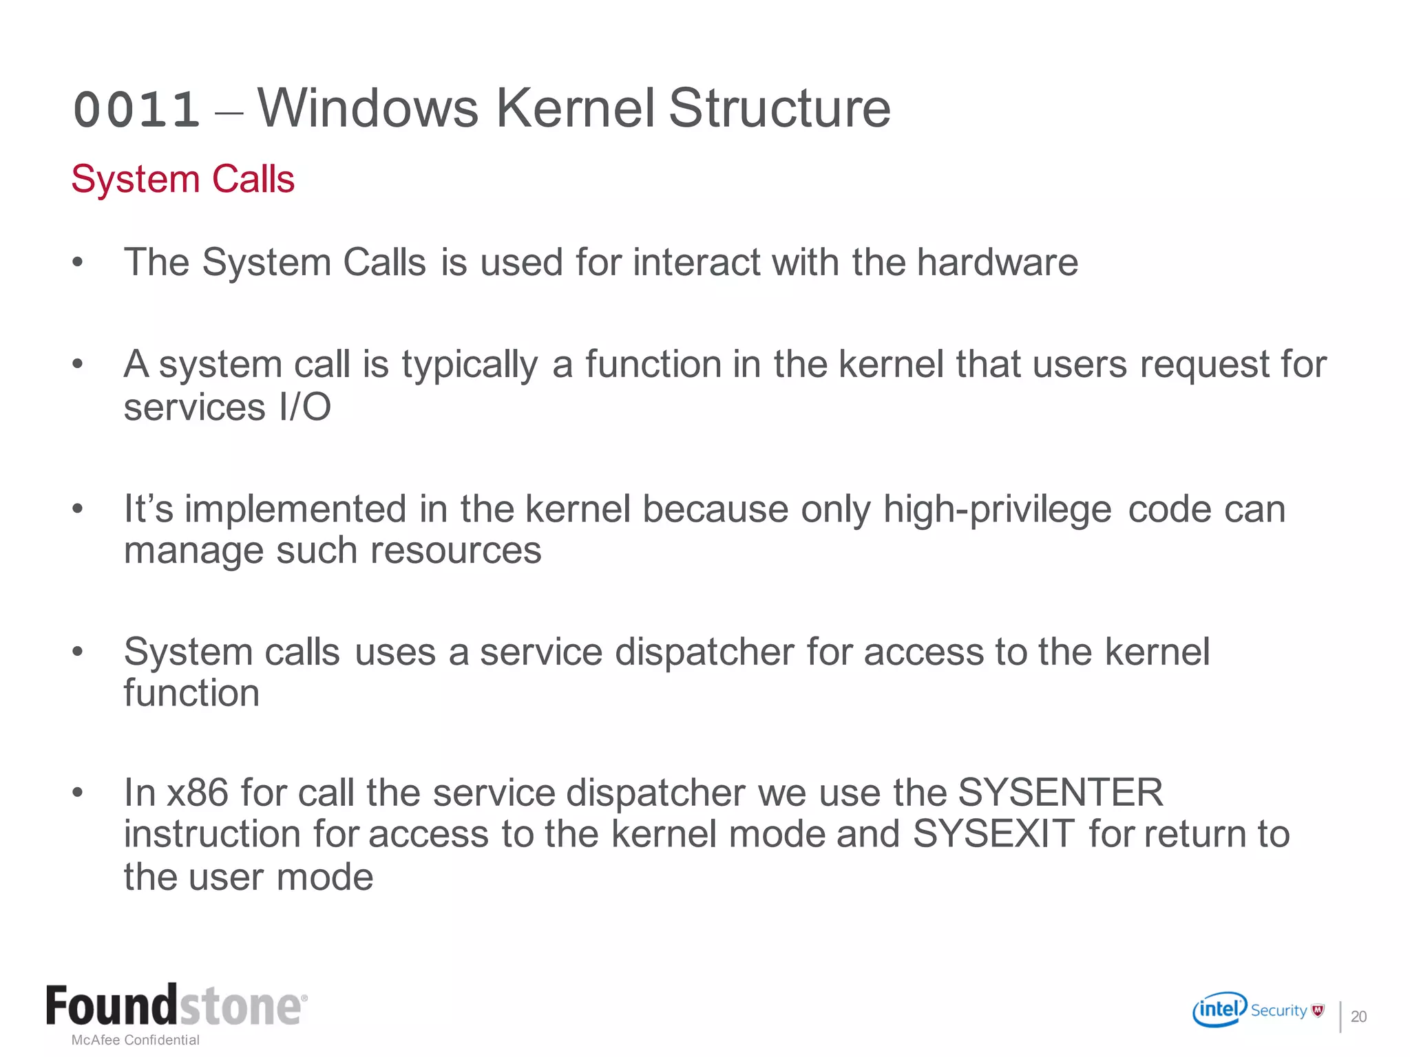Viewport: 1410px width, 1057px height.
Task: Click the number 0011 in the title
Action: (136, 110)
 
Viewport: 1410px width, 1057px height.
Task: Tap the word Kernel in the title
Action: (575, 109)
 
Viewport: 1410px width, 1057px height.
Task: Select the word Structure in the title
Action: (779, 109)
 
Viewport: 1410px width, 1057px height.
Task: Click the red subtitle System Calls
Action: (182, 180)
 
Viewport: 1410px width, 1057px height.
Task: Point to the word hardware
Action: (997, 263)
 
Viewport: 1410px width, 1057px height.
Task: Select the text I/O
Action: (305, 407)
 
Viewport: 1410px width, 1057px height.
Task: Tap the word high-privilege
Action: (997, 510)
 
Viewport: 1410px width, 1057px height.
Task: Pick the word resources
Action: (455, 551)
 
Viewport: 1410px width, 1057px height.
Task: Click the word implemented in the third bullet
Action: (295, 510)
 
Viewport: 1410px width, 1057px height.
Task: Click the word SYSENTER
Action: (1060, 793)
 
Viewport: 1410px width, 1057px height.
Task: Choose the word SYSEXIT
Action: (993, 835)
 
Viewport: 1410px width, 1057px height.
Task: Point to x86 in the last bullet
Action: (198, 793)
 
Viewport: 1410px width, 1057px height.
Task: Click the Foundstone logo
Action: (176, 1006)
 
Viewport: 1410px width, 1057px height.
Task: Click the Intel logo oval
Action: (1219, 1010)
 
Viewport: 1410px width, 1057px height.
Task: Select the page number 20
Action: (1358, 1017)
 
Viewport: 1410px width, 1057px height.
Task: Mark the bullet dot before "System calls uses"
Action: (78, 651)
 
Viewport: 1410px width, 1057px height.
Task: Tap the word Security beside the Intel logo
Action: (1279, 1010)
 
